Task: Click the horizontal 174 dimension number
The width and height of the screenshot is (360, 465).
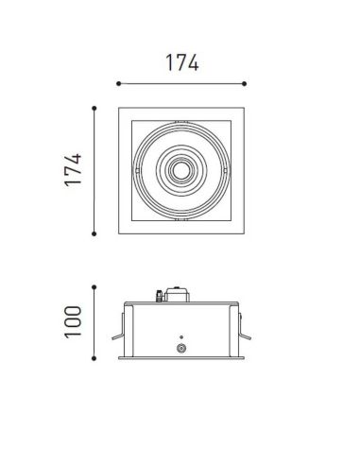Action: [x=180, y=61]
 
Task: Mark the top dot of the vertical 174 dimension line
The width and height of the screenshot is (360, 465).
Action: [x=94, y=107]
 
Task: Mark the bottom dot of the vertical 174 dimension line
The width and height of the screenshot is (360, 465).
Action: [x=94, y=233]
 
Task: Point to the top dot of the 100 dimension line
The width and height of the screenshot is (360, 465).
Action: [x=94, y=284]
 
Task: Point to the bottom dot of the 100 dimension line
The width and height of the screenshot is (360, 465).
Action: [x=94, y=358]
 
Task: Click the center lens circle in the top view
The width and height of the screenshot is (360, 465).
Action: [x=180, y=171]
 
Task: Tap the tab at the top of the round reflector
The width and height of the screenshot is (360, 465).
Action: [x=180, y=127]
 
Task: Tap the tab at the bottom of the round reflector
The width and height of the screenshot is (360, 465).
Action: [x=180, y=215]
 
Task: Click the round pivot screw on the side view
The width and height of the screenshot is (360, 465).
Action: [x=180, y=348]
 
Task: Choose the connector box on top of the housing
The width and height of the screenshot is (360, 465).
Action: [x=176, y=296]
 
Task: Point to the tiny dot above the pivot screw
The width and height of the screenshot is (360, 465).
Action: [x=180, y=335]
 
